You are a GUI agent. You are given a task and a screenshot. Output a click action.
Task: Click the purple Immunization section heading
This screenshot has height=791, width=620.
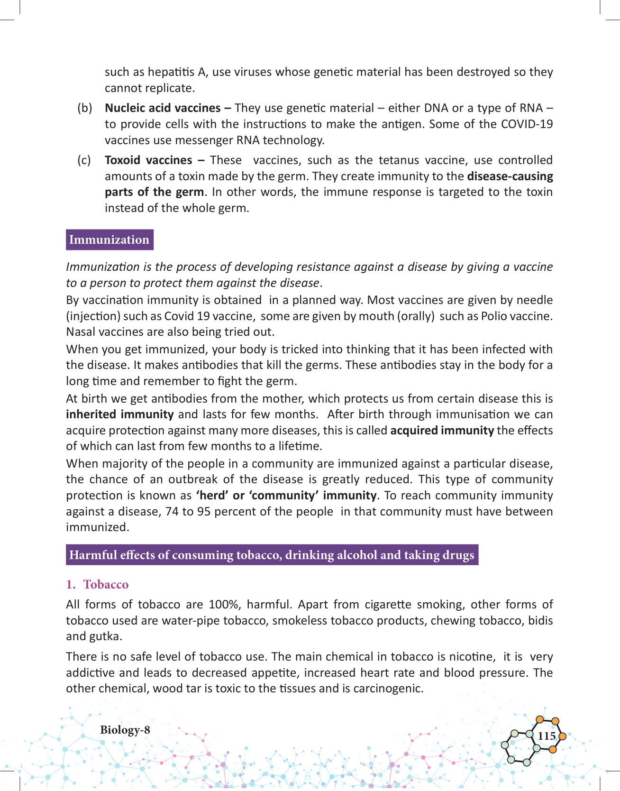point(109,240)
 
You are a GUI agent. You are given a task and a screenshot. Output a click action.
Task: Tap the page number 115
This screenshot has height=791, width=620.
point(547,736)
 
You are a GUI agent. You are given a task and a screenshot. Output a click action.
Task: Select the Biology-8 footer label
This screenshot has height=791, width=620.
point(125,730)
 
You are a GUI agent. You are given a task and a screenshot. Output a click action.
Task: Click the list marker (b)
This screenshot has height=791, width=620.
point(84,108)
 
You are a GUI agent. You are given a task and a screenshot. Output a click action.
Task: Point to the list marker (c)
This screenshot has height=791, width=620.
point(84,160)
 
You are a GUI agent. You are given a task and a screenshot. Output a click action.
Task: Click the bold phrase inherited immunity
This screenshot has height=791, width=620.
point(120,414)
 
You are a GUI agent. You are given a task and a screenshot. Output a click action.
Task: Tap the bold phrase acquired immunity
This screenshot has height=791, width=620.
point(442,431)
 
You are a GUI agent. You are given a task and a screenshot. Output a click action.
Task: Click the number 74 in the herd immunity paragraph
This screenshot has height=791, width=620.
point(172,512)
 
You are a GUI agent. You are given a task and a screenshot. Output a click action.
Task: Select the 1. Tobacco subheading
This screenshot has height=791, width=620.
point(98,584)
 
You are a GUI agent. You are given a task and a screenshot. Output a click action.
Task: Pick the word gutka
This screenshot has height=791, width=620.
point(104,636)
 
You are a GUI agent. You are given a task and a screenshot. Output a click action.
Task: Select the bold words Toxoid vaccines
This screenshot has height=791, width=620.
point(148,160)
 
